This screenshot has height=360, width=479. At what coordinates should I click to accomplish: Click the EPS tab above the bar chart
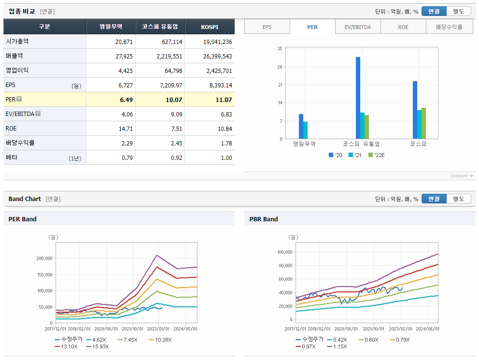click(x=267, y=27)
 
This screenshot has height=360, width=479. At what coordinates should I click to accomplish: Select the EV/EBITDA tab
click(x=358, y=27)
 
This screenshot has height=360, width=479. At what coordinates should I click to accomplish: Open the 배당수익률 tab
click(x=449, y=27)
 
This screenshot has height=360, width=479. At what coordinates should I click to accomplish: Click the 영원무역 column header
click(x=111, y=27)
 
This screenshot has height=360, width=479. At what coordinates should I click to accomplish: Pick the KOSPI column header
click(x=210, y=27)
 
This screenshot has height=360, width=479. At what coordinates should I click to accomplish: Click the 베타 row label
click(x=12, y=158)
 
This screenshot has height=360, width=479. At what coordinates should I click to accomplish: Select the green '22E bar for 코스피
click(x=423, y=123)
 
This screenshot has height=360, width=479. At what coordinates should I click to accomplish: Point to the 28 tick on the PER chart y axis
click(x=280, y=67)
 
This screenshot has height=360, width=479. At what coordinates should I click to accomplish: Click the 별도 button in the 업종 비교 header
click(x=458, y=11)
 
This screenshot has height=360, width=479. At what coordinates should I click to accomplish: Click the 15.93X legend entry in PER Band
click(x=99, y=346)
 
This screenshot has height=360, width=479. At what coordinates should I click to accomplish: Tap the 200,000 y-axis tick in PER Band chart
click(x=44, y=258)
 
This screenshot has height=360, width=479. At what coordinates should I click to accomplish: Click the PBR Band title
click(x=264, y=219)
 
